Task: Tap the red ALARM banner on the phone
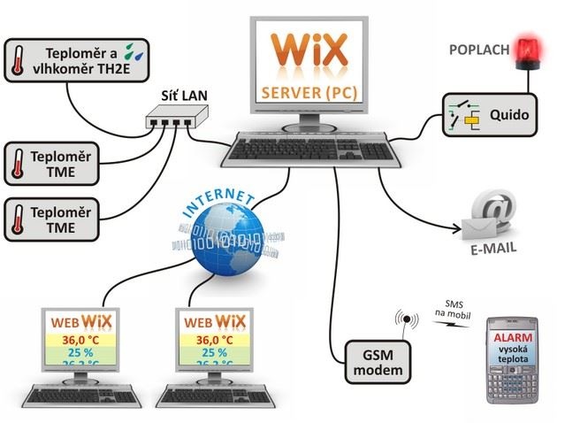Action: click(512, 340)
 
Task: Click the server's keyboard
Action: click(308, 150)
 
